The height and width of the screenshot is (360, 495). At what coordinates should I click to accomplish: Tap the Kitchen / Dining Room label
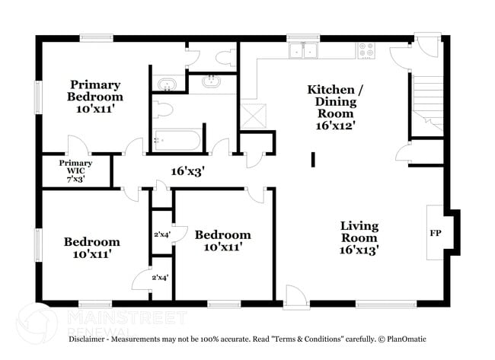pyautogui.click(x=335, y=107)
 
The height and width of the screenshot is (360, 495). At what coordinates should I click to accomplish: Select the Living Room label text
pyautogui.click(x=359, y=237)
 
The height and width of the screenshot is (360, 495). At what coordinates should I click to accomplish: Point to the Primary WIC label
pyautogui.click(x=76, y=170)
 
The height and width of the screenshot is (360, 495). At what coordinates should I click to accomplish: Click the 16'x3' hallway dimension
pyautogui.click(x=187, y=171)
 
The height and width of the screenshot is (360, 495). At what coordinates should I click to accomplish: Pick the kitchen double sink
pyautogui.click(x=304, y=50)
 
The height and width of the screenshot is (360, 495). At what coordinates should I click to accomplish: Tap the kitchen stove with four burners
pyautogui.click(x=366, y=50)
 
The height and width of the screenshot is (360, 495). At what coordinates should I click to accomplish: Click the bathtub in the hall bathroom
pyautogui.click(x=176, y=140)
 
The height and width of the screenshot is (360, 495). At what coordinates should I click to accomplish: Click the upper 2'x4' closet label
pyautogui.click(x=161, y=235)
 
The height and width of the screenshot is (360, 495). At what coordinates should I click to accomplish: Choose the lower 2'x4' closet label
pyautogui.click(x=160, y=278)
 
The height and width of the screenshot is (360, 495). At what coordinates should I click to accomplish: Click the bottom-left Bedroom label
pyautogui.click(x=91, y=248)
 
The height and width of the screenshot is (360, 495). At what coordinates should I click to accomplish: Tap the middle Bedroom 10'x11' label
pyautogui.click(x=222, y=241)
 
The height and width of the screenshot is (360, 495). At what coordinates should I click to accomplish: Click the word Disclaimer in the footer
pyautogui.click(x=92, y=338)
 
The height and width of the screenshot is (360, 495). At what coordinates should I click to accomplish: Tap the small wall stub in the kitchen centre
pyautogui.click(x=313, y=159)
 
